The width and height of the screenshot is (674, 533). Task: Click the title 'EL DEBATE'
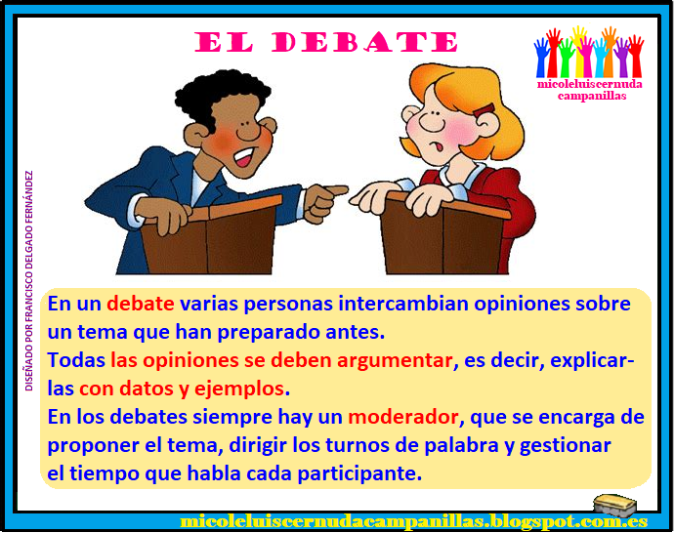coord(326,43)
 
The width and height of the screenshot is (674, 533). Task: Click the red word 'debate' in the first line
coord(141,303)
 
